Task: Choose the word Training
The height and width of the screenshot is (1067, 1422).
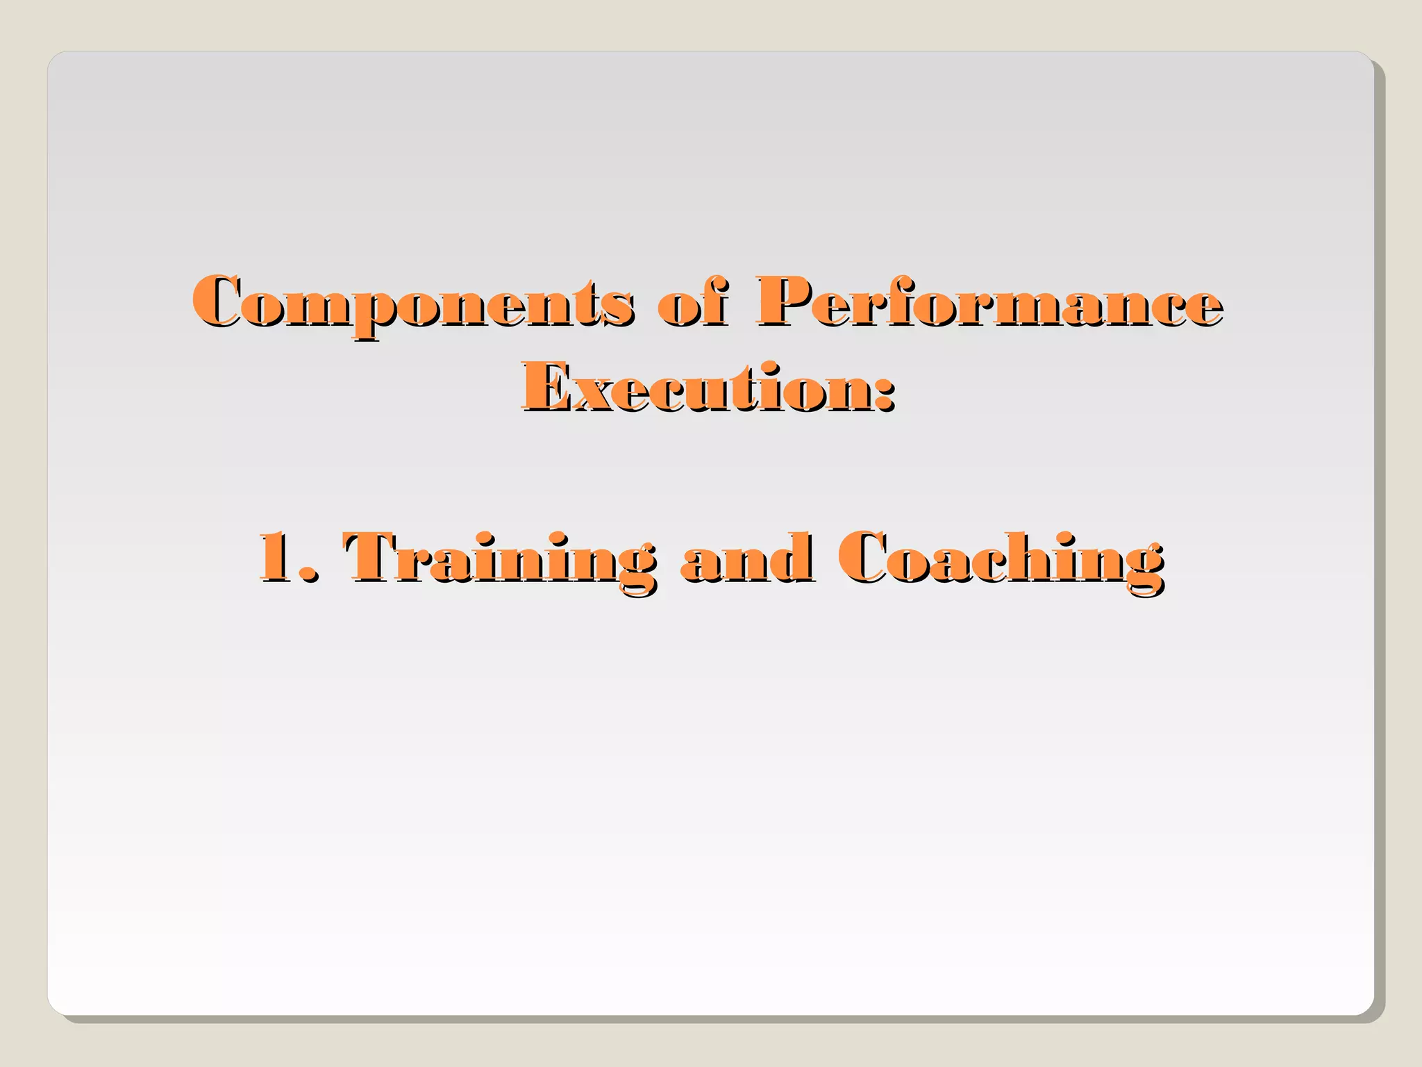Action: (499, 560)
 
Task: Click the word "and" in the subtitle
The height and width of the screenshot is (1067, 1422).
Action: (746, 560)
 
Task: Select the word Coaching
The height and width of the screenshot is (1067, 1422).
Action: (1000, 560)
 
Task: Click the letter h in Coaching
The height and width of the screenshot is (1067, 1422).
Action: (1035, 558)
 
